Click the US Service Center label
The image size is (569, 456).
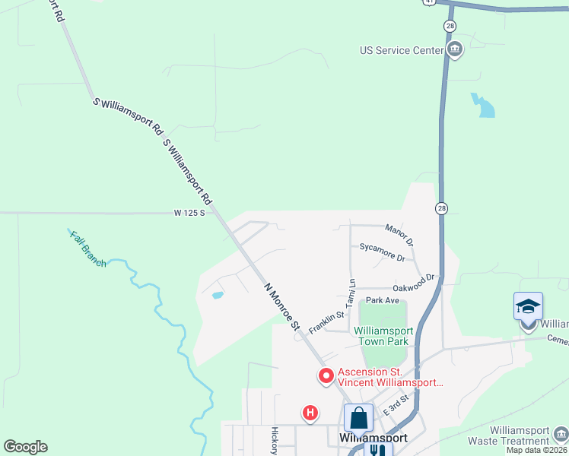401,51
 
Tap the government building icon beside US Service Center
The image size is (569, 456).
455,51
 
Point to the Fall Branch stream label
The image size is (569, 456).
88,248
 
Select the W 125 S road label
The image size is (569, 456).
189,214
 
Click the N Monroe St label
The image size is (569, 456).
282,307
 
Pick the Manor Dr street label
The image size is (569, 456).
399,235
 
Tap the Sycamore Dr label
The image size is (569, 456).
382,252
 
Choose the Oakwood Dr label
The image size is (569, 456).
413,283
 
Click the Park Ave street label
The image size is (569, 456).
382,300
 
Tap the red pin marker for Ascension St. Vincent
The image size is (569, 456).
326,375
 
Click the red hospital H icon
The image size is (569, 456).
310,413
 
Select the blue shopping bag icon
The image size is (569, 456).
358,418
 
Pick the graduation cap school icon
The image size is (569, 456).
528,306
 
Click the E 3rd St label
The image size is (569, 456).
396,404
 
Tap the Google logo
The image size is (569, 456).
25,447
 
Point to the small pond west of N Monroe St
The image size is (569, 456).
218,294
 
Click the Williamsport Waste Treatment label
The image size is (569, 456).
520,435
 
